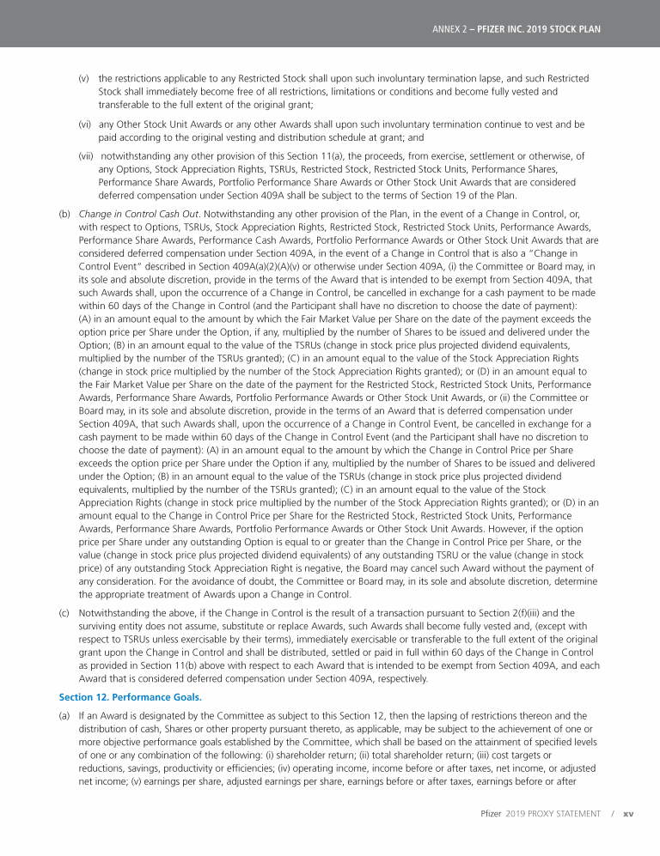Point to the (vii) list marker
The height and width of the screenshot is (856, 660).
pos(85,156)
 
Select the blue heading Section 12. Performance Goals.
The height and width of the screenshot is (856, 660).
pos(130,696)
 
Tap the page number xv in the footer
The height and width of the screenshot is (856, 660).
pos(627,813)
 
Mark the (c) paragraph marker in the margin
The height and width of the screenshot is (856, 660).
pos(64,615)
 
